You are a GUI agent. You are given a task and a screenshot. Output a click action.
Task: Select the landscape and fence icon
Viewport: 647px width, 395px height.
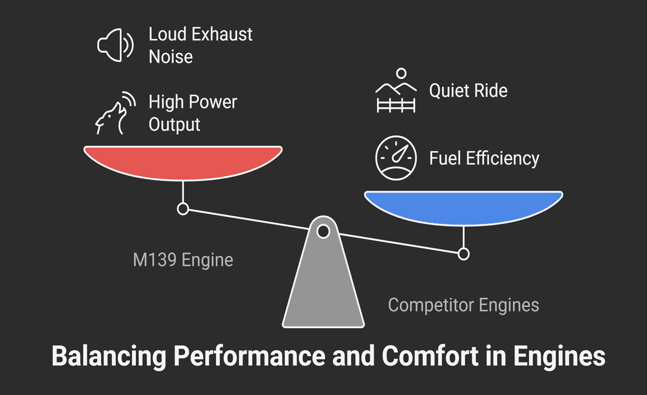pyautogui.click(x=396, y=91)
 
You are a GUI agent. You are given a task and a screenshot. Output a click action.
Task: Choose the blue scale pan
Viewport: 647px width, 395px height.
pyautogui.click(x=463, y=208)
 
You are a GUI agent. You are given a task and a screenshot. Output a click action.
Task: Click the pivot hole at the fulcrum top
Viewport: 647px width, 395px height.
pyautogui.click(x=323, y=231)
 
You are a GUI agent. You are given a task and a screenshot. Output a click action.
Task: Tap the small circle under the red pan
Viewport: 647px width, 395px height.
pyautogui.click(x=183, y=209)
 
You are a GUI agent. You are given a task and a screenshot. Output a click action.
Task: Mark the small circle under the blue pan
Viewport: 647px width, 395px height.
pyautogui.click(x=463, y=254)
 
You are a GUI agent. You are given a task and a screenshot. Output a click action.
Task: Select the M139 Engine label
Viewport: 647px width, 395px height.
pyautogui.click(x=183, y=260)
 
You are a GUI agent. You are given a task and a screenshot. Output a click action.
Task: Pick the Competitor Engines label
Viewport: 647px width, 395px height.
pyautogui.click(x=463, y=305)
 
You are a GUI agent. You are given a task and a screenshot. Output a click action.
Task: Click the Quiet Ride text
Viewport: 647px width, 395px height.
pyautogui.click(x=468, y=90)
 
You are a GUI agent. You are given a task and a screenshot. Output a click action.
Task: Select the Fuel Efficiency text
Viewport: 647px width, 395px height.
pyautogui.click(x=484, y=158)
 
